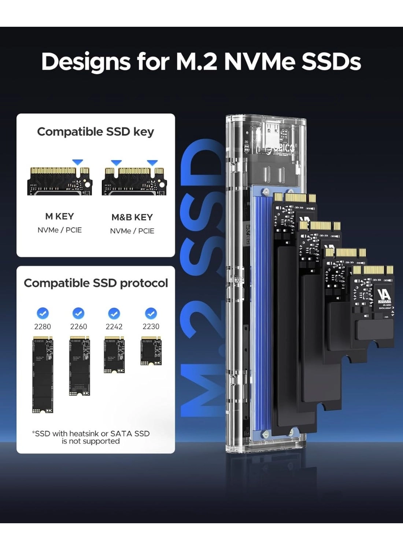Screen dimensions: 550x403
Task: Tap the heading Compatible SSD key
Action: point(96,132)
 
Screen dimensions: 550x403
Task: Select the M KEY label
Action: point(59,216)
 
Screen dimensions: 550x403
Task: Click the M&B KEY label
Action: point(132,217)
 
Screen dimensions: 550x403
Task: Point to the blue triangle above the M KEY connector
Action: point(77,162)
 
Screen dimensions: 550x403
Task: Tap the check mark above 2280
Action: point(43,313)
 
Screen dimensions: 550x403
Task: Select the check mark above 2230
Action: point(151,313)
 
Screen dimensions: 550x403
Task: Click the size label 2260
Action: point(78,326)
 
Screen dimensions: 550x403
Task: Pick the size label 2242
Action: point(114,326)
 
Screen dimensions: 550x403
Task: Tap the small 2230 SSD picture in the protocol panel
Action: point(151,351)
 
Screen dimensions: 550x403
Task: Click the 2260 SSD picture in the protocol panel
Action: point(80,366)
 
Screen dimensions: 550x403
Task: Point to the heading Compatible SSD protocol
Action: point(96,283)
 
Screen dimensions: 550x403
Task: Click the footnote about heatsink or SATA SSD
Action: point(91,437)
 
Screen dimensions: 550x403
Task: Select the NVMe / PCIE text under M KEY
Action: point(59,230)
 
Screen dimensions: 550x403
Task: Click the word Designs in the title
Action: point(86,62)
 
